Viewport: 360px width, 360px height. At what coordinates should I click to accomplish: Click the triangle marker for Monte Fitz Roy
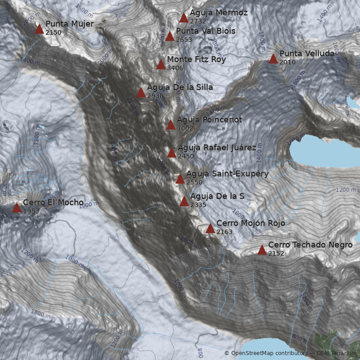click(161, 65)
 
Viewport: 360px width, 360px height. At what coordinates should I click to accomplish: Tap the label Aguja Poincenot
click(209, 120)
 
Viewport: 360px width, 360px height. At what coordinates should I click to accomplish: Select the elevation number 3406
click(175, 68)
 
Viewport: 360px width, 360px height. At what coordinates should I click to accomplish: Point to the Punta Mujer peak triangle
click(40, 29)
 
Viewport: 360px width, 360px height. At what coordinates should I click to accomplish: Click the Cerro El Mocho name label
click(53, 202)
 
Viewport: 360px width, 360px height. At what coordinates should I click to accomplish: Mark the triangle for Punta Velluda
click(273, 59)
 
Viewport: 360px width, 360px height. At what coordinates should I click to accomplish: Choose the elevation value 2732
click(198, 21)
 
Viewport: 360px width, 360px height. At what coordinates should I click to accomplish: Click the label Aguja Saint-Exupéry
click(227, 174)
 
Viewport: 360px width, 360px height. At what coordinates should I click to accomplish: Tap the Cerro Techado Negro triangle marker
click(262, 250)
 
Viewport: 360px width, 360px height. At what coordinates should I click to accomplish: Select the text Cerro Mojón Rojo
click(251, 223)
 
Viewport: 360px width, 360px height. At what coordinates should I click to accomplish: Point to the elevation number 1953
click(31, 211)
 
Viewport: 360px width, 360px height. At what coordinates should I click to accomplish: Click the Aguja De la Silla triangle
click(141, 93)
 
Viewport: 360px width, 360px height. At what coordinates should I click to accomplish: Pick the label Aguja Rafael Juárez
click(217, 148)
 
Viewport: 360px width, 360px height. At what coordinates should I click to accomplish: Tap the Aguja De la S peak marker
click(184, 202)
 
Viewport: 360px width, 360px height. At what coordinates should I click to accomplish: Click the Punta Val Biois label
click(206, 31)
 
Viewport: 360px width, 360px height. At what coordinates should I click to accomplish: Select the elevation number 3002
click(184, 128)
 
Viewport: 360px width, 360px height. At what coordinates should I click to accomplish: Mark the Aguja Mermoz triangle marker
click(184, 18)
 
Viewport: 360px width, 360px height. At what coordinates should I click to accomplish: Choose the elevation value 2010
click(287, 62)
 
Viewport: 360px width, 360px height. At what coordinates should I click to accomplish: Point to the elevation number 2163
click(224, 232)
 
